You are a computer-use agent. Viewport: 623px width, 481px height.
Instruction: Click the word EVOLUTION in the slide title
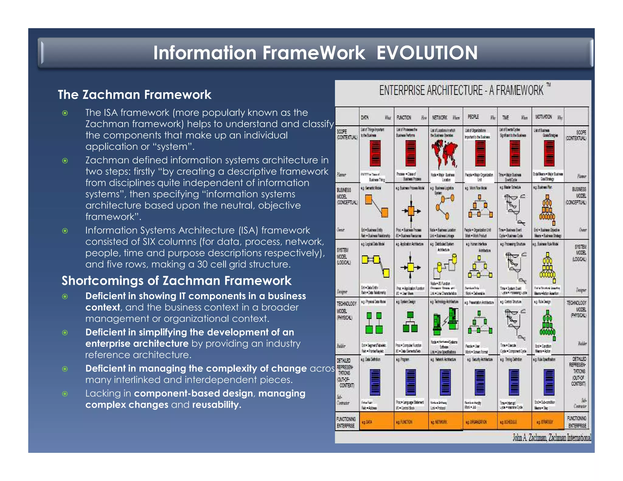(x=427, y=53)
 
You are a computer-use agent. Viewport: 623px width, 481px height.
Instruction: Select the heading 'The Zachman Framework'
(x=134, y=95)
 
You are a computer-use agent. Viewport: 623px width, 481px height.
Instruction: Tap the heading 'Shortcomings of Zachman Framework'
(x=176, y=280)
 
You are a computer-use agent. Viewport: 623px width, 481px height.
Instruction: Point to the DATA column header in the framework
(x=365, y=117)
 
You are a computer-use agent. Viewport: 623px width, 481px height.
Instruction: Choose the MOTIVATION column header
(x=544, y=117)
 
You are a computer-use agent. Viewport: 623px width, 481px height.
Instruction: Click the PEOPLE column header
(x=473, y=117)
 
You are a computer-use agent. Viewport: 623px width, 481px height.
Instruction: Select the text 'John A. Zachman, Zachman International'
(x=552, y=438)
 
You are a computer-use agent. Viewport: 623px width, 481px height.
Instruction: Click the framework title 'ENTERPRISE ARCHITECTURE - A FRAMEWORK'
(x=461, y=90)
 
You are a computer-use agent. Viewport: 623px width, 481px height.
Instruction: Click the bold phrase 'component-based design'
(x=193, y=393)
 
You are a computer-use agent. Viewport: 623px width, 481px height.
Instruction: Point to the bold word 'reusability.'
(x=217, y=405)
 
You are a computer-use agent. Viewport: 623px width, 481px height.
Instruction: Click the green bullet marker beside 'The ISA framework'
(x=65, y=113)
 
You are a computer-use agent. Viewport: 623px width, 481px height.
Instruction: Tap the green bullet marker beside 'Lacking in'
(x=65, y=394)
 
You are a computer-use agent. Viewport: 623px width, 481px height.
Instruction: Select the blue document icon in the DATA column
(x=375, y=382)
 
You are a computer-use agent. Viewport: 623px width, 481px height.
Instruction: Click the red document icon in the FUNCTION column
(x=411, y=153)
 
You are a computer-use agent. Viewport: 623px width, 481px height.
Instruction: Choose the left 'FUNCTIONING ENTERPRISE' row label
(x=346, y=422)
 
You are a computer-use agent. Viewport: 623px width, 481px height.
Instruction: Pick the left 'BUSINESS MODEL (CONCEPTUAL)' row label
(x=347, y=196)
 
